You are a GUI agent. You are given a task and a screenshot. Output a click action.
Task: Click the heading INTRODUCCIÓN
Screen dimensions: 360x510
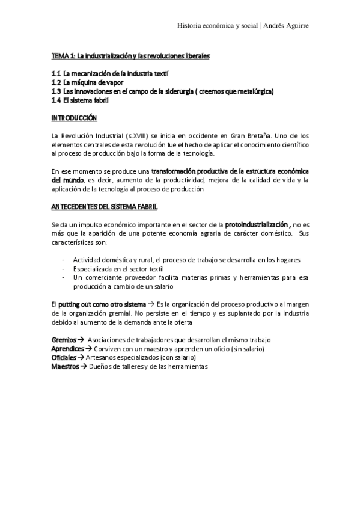coord(74,118)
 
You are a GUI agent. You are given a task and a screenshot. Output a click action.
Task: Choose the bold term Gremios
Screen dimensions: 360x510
coord(64,340)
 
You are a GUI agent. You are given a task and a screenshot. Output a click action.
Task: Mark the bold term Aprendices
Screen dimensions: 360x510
coord(68,348)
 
